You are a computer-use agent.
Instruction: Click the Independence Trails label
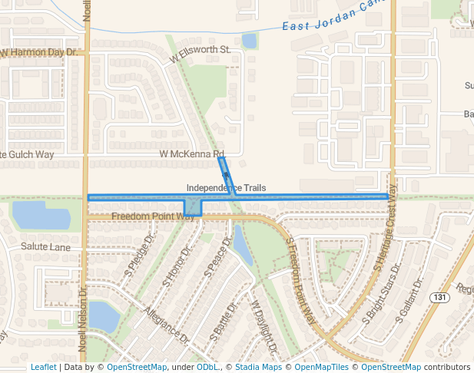226,188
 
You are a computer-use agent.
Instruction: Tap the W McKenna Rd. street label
191,154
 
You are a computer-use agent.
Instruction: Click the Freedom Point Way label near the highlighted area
153,216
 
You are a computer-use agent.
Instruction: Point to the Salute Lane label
45,247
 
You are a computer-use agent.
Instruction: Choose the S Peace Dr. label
218,257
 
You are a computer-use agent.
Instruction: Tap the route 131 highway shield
439,297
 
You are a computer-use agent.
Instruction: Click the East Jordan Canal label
332,18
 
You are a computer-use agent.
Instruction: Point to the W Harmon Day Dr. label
40,53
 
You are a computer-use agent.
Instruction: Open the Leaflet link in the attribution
43,367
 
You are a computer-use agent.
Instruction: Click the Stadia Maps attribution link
257,367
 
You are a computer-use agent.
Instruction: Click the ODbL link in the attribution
207,367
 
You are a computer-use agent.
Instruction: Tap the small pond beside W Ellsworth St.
249,40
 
